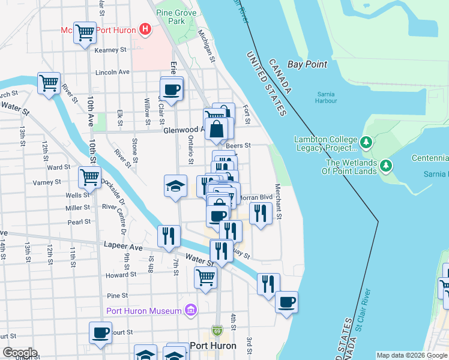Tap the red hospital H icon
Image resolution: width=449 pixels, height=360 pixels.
coord(145,29)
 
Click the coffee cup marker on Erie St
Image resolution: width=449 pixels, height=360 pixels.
coord(172,89)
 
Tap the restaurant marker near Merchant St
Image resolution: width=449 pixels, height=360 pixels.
coord(261,213)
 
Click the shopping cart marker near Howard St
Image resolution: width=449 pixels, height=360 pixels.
coord(205,277)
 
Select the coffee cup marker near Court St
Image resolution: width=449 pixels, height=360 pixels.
coord(101,332)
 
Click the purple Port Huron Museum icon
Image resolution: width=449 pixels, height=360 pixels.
coord(191,310)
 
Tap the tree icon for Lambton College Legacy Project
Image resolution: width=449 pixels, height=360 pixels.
coord(366,143)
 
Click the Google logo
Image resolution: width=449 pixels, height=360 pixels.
coord(20,353)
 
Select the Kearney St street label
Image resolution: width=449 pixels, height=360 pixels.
coord(113,50)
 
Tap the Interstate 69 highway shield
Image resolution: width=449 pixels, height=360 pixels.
coord(217,331)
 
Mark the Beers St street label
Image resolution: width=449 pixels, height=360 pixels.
coord(238,145)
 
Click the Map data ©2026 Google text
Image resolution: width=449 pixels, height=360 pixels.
coord(411,355)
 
